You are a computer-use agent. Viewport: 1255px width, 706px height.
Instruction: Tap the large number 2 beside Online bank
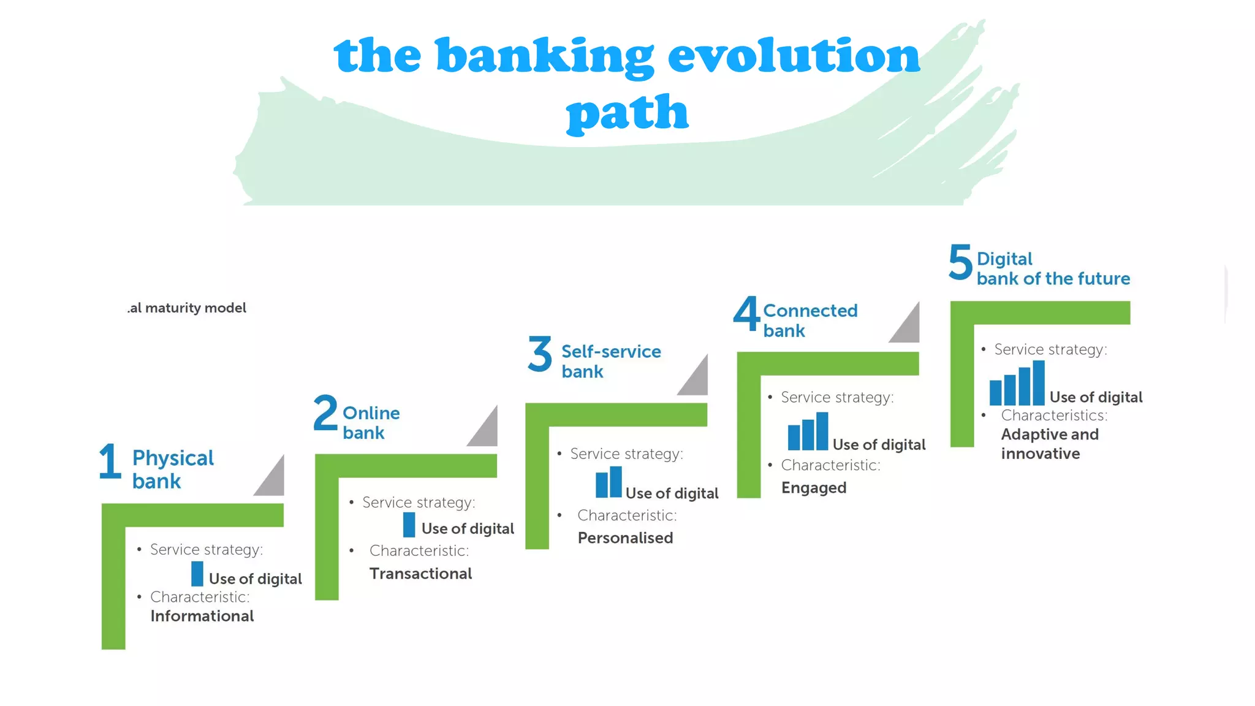(325, 413)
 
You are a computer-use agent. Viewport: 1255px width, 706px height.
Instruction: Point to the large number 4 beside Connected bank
(746, 314)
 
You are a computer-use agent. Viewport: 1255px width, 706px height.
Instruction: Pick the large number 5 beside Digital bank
(960, 262)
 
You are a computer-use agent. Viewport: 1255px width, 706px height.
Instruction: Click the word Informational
(202, 616)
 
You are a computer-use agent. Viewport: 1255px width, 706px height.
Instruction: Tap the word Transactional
(420, 574)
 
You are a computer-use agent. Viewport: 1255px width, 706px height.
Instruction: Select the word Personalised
(625, 538)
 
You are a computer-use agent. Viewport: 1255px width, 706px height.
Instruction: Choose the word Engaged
(813, 488)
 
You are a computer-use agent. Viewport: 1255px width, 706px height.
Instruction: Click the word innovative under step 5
(1040, 454)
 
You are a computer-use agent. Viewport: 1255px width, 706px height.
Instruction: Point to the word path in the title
(627, 113)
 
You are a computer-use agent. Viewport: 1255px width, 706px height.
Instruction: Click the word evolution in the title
(793, 56)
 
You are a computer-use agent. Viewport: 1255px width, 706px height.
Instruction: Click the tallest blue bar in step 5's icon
(1038, 383)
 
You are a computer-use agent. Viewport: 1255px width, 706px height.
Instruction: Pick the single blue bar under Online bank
(409, 525)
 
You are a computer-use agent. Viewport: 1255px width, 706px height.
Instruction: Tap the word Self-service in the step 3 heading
(611, 352)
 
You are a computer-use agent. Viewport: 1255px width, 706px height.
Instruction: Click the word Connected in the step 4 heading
(810, 311)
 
